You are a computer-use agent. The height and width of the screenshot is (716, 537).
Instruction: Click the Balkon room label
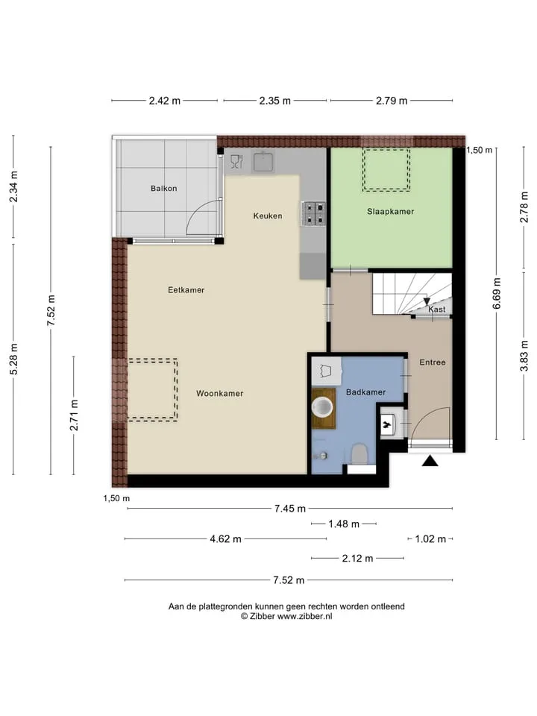[163, 188]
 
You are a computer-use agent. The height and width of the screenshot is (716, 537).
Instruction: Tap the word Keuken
[268, 216]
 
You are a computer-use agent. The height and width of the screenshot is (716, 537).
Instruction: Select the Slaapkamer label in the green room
[390, 211]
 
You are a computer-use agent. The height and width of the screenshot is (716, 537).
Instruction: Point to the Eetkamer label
[186, 289]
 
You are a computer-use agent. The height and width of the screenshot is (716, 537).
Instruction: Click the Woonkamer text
[219, 393]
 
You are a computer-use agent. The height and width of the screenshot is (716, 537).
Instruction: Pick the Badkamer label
[365, 392]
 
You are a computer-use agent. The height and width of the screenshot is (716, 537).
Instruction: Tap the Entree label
[433, 362]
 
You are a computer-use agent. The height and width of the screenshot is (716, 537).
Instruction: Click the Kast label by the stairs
[436, 309]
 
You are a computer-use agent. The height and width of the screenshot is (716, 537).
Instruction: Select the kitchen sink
[263, 162]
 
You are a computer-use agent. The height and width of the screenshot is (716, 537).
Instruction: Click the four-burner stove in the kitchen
[313, 214]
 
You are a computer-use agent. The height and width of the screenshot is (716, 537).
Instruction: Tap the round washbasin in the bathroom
[323, 406]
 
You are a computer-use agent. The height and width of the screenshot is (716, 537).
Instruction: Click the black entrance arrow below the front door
[430, 461]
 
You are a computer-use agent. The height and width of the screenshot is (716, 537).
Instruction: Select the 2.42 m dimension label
[164, 101]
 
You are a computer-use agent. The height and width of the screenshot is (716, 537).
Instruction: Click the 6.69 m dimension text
[497, 293]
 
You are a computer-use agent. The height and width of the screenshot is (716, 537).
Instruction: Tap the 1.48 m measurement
[344, 524]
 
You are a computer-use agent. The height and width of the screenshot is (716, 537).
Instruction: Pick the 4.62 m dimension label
[225, 538]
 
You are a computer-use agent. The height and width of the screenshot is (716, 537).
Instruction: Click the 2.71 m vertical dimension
[74, 415]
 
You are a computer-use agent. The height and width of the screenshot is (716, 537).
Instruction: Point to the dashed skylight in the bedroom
[386, 169]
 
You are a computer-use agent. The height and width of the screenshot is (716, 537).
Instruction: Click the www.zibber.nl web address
[305, 617]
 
